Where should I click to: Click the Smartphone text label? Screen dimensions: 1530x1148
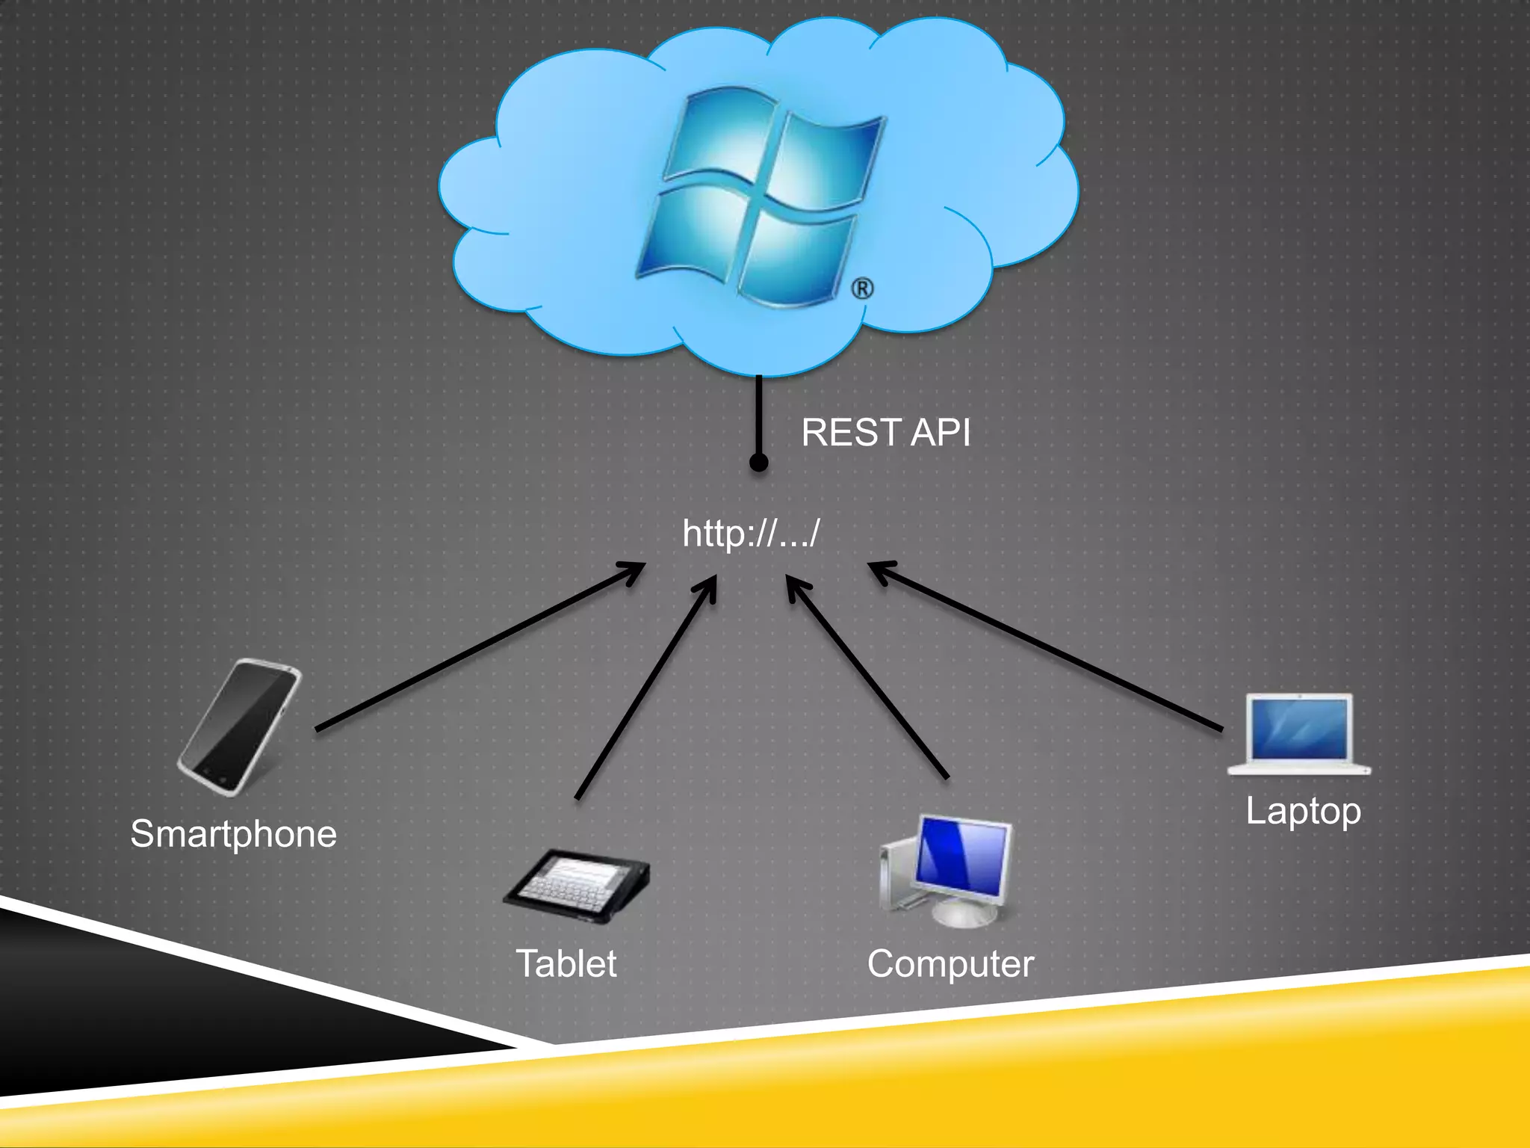[233, 833]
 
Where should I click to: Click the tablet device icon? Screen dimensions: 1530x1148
[576, 886]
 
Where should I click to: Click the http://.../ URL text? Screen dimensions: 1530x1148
[751, 533]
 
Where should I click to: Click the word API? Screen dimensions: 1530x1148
[941, 433]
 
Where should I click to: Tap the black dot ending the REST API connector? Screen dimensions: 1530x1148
[758, 463]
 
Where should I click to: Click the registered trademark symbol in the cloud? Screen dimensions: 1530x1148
[862, 288]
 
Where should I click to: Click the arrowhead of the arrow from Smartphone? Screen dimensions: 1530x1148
[635, 570]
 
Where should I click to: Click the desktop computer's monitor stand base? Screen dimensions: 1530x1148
[964, 914]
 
